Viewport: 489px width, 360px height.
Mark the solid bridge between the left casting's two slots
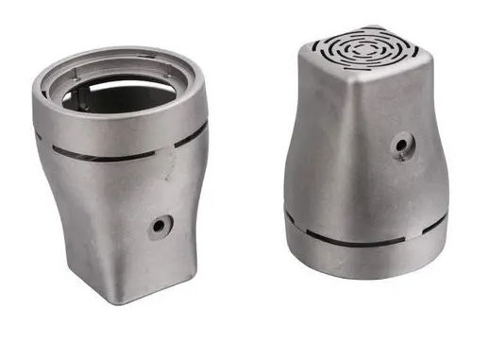(171, 147)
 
